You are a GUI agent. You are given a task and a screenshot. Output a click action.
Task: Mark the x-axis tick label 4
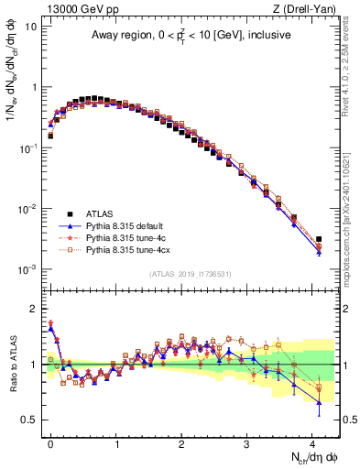pyautogui.click(x=311, y=442)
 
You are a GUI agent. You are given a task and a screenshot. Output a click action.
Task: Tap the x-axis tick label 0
pyautogui.click(x=50, y=442)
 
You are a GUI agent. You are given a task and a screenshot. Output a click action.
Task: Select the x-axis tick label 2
pyautogui.click(x=181, y=442)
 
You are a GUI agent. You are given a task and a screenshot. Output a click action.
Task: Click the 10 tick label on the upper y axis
pyautogui.click(x=29, y=27)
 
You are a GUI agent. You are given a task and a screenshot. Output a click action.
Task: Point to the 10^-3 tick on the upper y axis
pyautogui.click(x=27, y=269)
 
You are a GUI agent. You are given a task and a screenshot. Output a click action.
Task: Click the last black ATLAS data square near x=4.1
pyautogui.click(x=319, y=240)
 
